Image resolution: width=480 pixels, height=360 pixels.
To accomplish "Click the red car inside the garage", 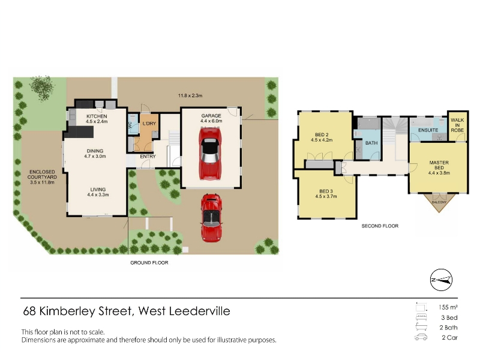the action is tap(211, 154).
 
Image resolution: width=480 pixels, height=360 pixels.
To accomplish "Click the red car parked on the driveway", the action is tap(211, 218).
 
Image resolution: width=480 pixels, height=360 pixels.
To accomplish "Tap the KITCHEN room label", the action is tap(97, 116).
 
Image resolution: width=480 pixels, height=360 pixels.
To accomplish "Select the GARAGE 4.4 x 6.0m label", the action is tap(211, 118).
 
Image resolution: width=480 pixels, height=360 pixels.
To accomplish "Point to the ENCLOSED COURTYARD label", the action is tap(42, 175).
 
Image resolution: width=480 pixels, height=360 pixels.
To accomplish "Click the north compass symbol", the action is tap(441, 280).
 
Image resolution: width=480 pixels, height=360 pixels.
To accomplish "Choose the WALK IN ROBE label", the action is tap(457, 125).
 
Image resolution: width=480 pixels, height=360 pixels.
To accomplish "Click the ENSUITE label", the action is tap(428, 130).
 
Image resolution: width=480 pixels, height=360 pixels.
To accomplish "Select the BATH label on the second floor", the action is tap(371, 143).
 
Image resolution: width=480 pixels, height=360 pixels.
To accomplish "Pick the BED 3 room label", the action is tap(326, 191).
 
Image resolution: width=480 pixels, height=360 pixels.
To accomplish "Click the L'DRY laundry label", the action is tap(149, 124).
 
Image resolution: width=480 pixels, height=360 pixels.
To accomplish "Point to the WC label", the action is tap(130, 125).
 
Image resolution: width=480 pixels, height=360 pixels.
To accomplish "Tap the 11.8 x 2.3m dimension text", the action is tap(190, 95).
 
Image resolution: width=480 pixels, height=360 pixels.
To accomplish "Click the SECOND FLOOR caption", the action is tap(380, 226).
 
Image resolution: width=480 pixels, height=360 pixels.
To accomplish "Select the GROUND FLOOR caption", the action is tap(149, 263).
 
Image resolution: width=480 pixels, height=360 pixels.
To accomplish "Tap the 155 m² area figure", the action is tap(448, 307).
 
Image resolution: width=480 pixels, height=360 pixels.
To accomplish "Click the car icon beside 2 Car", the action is tap(421, 337).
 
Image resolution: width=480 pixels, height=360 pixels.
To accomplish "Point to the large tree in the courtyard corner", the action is tap(42, 88).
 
